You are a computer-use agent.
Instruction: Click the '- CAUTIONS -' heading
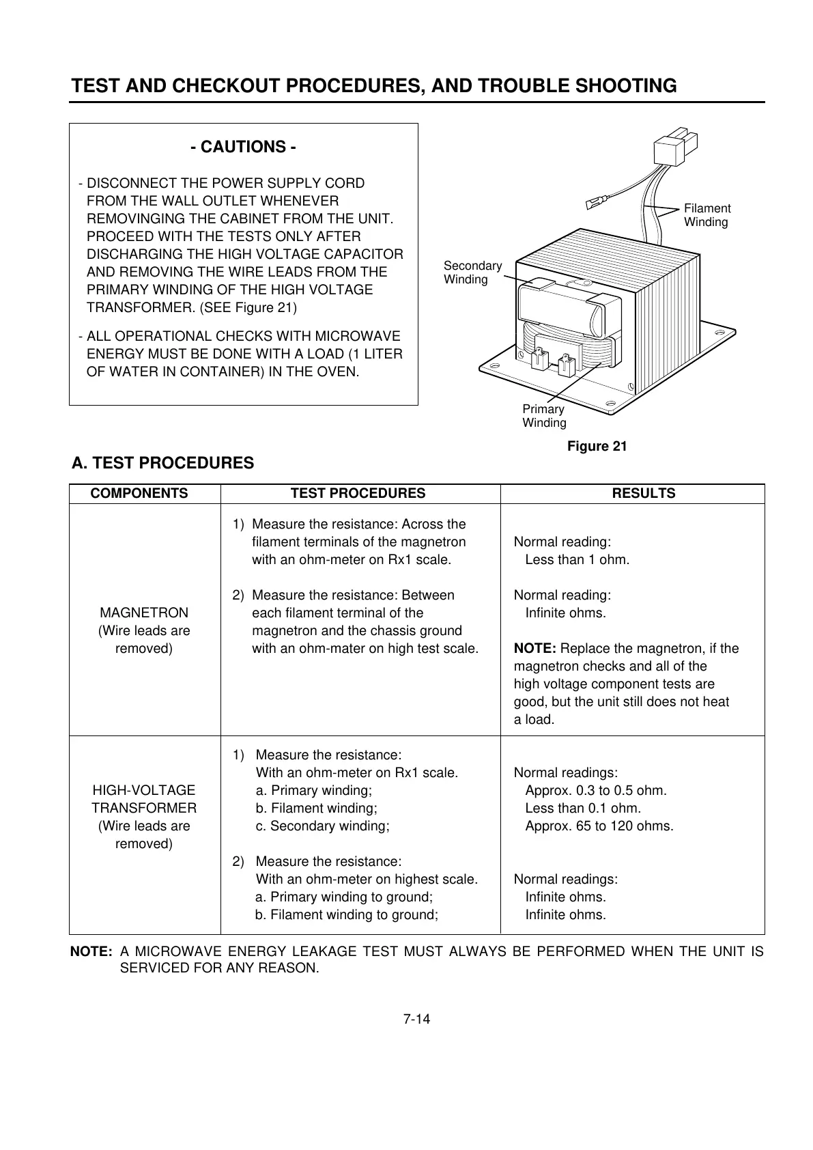coord(243,147)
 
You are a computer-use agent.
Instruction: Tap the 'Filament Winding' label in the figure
coord(707,215)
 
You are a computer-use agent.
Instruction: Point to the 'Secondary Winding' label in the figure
coord(472,272)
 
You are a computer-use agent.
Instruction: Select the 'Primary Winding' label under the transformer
coord(544,416)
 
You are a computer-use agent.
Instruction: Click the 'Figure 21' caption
coord(597,446)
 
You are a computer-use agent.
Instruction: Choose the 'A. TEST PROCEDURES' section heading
coord(162,463)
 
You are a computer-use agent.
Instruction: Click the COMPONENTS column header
coord(139,493)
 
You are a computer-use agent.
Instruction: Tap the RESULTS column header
coord(643,493)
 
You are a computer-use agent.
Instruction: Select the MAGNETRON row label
coord(143,613)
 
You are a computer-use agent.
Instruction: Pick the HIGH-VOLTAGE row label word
coord(143,790)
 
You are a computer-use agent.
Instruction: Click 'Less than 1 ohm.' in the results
coord(577,560)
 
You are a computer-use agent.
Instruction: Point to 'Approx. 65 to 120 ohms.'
coord(599,826)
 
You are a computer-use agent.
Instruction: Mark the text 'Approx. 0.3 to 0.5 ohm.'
coord(595,790)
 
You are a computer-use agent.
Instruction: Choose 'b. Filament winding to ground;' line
coord(346,914)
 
